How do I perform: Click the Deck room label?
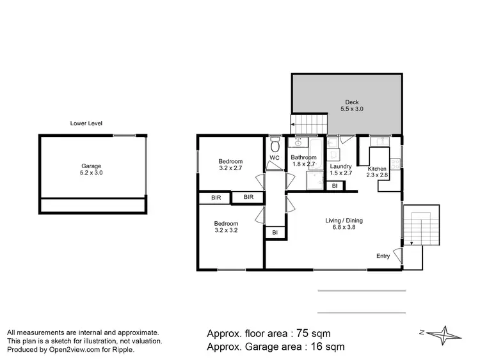coord(352,102)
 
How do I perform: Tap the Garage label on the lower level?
coord(92,165)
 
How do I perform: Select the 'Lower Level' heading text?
coord(86,123)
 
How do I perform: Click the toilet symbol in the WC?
coord(275,142)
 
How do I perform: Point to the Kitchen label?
coord(377,169)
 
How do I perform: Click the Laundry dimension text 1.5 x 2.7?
coord(340,173)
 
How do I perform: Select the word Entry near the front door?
coord(383,256)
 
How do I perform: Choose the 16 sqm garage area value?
coord(323,347)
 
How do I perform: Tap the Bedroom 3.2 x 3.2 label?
coord(226,226)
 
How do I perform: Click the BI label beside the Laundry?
coord(335,186)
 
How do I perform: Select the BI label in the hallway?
coord(275,233)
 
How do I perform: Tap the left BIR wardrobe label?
coord(216,198)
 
